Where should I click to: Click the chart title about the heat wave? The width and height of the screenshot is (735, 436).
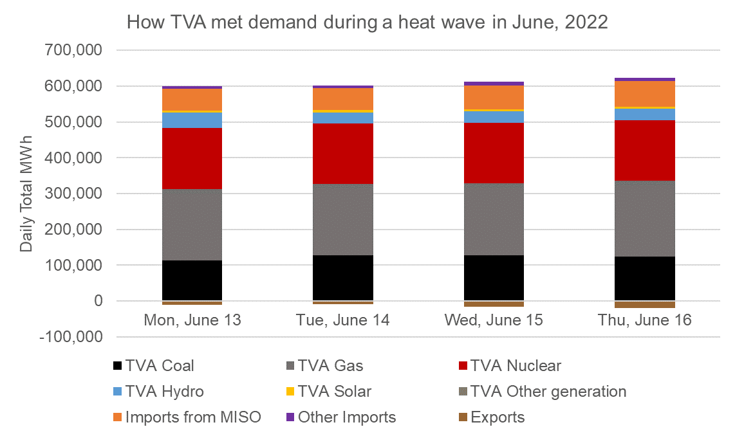point(367,23)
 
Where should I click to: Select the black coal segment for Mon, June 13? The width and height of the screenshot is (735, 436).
point(192,280)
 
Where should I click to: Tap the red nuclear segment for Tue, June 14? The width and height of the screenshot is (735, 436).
point(343,154)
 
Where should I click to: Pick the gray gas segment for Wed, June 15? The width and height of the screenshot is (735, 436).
point(494,219)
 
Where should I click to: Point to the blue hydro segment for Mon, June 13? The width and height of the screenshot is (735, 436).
point(192,120)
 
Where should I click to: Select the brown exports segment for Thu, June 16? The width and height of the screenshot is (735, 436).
point(645,305)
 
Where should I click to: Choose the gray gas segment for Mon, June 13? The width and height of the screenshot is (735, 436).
point(192,224)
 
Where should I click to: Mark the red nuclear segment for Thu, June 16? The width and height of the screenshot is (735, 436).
point(645,150)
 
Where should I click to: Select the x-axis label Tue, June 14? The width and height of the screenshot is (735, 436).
point(343,320)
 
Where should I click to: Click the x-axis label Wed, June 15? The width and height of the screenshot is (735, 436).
point(494,320)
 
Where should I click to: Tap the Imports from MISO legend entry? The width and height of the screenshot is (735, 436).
point(193,417)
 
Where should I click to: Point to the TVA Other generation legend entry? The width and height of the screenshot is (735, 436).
point(548,392)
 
